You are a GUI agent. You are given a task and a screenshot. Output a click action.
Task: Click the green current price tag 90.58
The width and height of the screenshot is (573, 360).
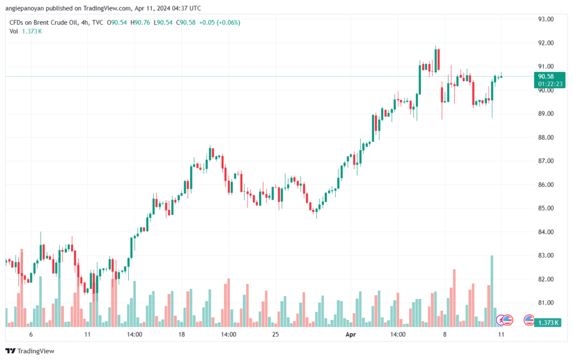[x=546, y=76]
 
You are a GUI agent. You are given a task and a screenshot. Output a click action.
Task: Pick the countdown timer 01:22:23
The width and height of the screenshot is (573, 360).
[x=550, y=84]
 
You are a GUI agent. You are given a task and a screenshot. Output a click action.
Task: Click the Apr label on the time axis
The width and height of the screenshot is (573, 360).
[x=350, y=335]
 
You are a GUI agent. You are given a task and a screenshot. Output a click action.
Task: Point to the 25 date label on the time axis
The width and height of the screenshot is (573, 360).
[x=275, y=335]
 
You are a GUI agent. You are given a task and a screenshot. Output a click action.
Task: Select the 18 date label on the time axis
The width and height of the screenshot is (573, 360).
[x=181, y=335]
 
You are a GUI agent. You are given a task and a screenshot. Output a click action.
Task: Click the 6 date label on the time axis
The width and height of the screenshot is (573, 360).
[x=31, y=335]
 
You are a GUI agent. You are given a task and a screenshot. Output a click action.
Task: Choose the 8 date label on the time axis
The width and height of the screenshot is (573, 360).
[x=444, y=335]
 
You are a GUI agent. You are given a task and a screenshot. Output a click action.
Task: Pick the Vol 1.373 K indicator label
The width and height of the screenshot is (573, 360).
[x=25, y=31]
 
